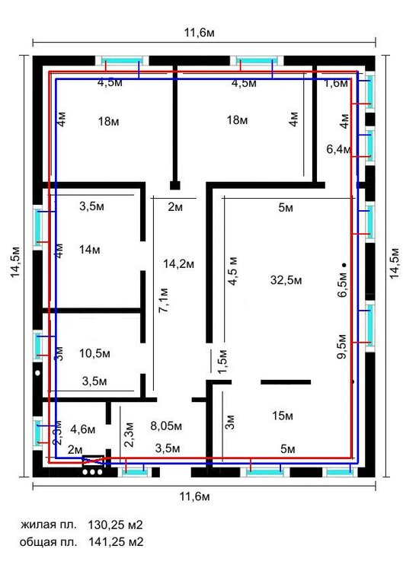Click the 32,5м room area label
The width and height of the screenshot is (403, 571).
[286, 280]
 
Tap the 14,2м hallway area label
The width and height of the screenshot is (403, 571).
[178, 264]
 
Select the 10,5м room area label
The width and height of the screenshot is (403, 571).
[94, 353]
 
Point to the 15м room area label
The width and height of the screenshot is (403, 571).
[283, 416]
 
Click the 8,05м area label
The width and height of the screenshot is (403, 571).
[166, 426]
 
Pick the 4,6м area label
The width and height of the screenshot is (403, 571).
[83, 429]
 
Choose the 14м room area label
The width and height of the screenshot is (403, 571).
[90, 250]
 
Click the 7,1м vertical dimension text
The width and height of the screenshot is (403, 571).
[164, 301]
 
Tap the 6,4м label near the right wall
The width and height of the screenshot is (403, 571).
[338, 149]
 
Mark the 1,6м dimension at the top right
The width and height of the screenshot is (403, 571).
[336, 84]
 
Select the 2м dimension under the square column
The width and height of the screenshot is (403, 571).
[175, 207]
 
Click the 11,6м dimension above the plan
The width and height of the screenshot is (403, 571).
[200, 33]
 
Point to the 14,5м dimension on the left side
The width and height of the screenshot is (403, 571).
[15, 262]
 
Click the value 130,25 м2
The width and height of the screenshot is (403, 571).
[115, 525]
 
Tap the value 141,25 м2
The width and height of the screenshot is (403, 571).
[116, 542]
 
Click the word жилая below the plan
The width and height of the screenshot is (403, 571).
[37, 525]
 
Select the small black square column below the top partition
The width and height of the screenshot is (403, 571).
[175, 185]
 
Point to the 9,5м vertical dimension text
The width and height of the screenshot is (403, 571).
[342, 346]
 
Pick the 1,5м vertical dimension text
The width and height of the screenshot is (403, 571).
[222, 362]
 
